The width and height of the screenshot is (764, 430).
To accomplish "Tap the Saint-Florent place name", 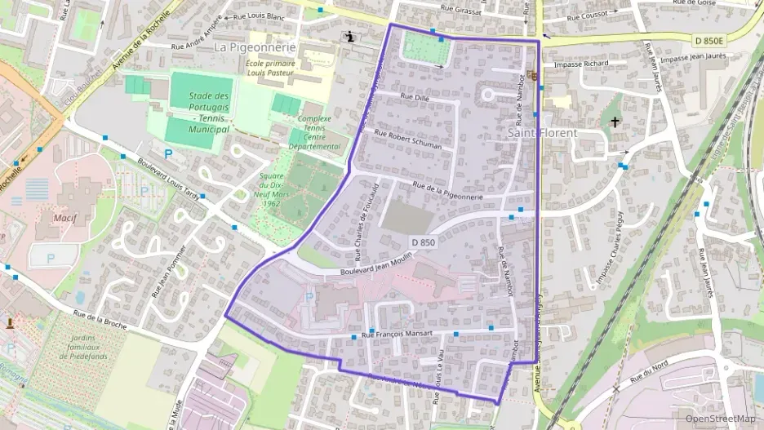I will click(542, 132).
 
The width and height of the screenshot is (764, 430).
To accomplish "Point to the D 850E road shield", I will click(710, 39).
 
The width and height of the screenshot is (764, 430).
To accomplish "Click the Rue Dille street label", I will click(413, 97).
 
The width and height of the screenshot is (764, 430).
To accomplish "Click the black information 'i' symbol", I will click(351, 37).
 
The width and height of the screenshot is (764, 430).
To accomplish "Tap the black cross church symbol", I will click(615, 122).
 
